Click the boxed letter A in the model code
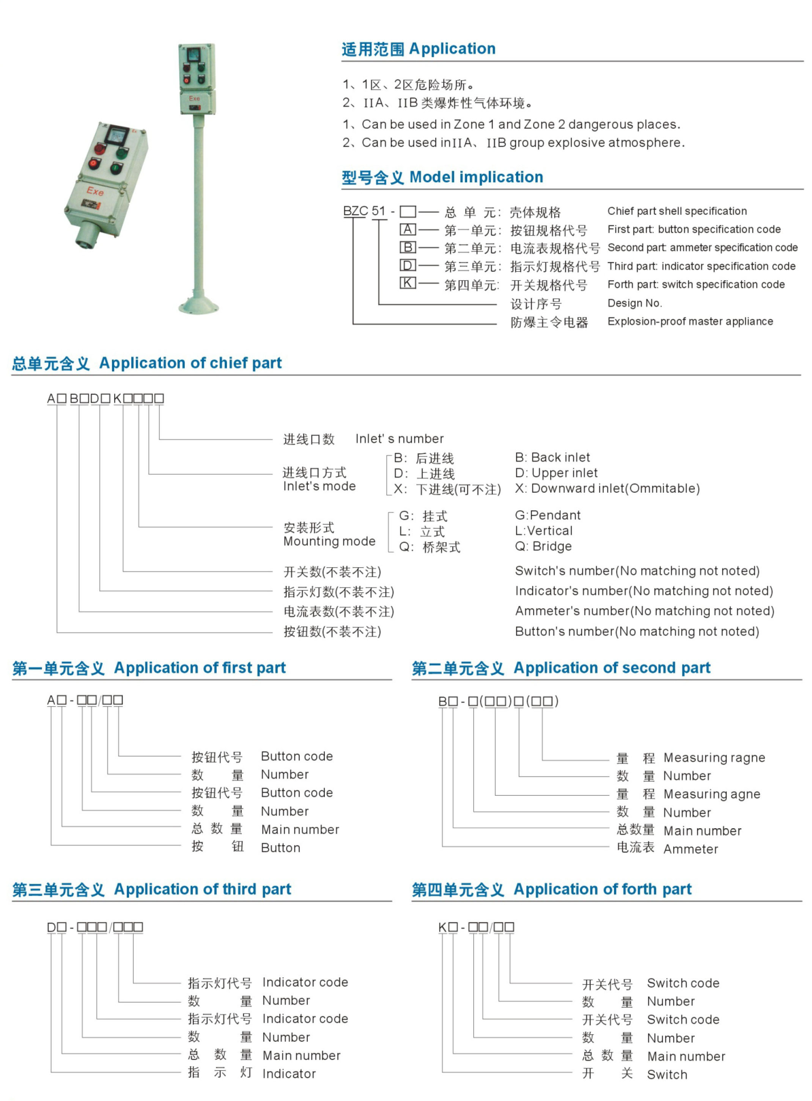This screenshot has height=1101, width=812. point(408,230)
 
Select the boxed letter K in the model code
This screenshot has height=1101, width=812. point(408,283)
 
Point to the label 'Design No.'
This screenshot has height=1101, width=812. point(634,303)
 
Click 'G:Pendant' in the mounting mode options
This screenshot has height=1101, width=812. point(548,515)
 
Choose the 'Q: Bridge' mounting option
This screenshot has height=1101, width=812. point(543,546)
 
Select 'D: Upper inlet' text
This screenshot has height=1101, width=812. point(556,473)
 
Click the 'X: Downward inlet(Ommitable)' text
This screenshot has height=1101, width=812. point(607,488)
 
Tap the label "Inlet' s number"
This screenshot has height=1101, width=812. point(399,439)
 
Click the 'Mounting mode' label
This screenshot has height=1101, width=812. point(329,541)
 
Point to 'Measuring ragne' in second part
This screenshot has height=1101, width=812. point(714,758)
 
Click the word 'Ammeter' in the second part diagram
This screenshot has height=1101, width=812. point(690,849)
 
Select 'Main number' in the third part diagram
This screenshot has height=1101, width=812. point(301,1056)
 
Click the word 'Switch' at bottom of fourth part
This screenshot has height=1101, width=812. point(667,1075)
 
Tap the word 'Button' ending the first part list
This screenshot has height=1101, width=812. point(280,848)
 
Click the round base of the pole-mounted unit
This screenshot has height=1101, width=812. point(198,305)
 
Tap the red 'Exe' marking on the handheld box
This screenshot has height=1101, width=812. point(95,191)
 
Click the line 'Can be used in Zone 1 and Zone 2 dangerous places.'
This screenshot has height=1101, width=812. point(521,125)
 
